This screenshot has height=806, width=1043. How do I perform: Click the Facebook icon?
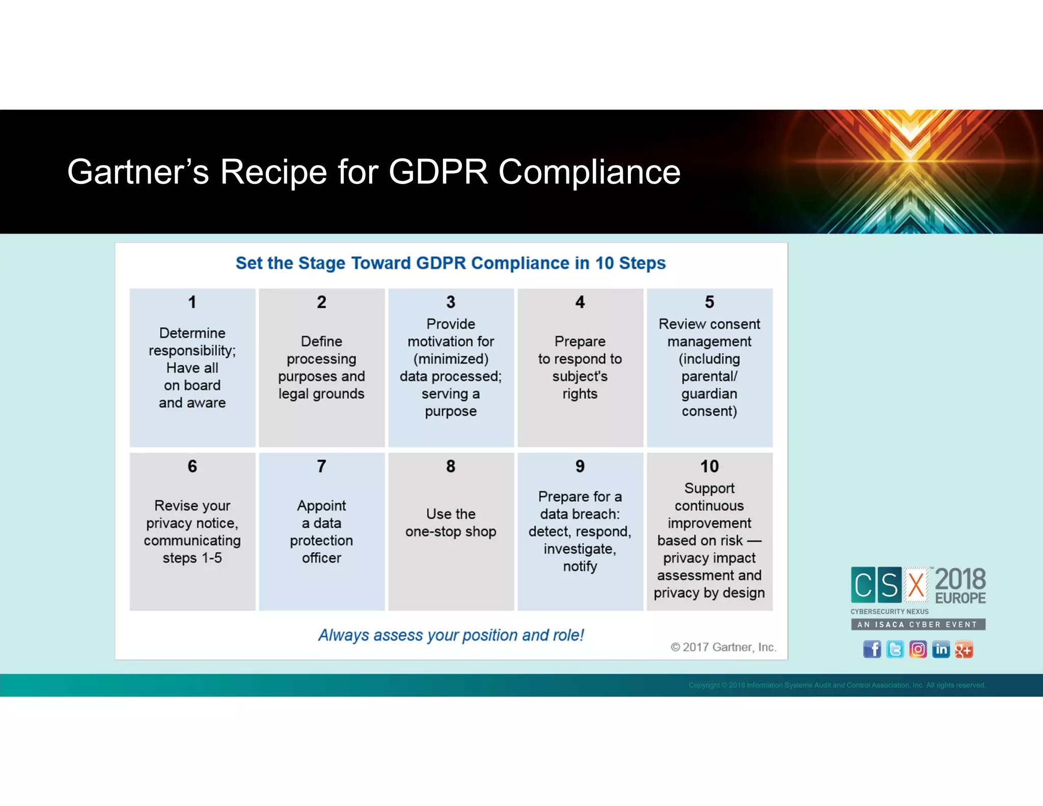(872, 649)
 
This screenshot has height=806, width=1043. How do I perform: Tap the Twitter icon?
(895, 649)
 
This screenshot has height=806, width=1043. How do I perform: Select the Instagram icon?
(918, 649)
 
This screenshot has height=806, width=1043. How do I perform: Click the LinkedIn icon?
(941, 649)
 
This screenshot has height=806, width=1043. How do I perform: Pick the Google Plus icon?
(964, 649)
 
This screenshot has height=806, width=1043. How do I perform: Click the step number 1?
(192, 302)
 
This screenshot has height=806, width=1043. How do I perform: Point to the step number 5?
(709, 302)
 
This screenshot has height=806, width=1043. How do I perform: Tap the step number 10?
(709, 466)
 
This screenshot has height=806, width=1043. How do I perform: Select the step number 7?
(321, 466)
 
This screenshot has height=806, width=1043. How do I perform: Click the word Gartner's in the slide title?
(138, 172)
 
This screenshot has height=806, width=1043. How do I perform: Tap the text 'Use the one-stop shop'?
(451, 523)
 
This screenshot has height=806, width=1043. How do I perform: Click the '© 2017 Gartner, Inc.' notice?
(723, 647)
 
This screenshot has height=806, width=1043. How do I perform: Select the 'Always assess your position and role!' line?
(451, 635)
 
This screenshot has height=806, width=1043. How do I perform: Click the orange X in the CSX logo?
(916, 585)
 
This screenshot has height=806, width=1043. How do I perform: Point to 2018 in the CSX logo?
(960, 579)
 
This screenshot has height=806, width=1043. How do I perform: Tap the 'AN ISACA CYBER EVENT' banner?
(918, 625)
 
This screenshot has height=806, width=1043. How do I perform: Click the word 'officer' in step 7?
(321, 558)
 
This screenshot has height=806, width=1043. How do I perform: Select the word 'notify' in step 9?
(580, 567)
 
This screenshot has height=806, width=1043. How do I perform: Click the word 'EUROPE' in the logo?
(960, 598)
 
